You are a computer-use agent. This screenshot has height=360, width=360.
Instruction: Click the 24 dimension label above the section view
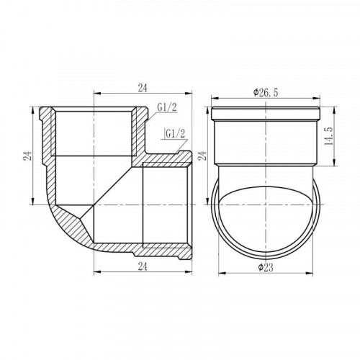tap(143, 88)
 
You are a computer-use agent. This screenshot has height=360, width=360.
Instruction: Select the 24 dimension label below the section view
tap(143, 266)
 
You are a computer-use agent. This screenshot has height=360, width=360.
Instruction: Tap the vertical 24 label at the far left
tap(27, 156)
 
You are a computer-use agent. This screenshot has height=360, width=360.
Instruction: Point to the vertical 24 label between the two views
tap(202, 156)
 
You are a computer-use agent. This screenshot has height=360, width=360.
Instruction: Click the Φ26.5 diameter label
tap(266, 93)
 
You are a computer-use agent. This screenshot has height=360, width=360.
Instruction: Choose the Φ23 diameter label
tap(266, 267)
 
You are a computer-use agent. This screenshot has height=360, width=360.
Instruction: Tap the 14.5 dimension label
tap(328, 136)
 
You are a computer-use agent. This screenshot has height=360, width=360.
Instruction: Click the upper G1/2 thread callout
tap(167, 107)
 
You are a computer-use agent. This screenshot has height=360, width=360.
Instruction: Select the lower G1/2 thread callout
tap(176, 134)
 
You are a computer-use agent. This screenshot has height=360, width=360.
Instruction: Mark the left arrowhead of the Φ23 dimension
tap(222, 273)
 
